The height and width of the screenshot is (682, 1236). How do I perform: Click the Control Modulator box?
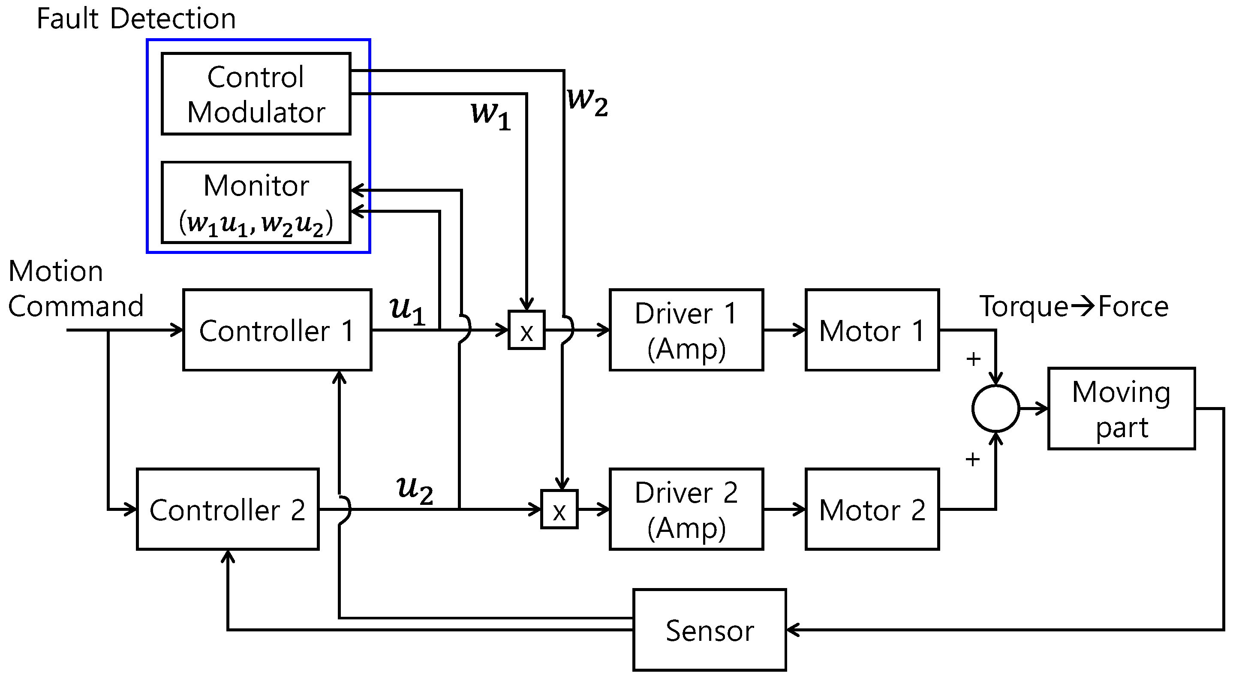[256, 94]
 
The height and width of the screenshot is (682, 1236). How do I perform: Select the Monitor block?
[256, 202]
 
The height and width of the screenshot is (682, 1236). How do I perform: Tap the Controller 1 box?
[277, 330]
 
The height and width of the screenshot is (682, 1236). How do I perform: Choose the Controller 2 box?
[227, 509]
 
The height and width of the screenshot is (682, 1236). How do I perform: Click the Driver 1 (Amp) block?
[686, 330]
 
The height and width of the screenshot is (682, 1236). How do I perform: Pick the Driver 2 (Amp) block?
[686, 509]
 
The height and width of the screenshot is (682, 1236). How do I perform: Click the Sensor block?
[709, 629]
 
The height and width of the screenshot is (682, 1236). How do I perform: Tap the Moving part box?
[1121, 408]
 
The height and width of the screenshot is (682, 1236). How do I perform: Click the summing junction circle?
[995, 408]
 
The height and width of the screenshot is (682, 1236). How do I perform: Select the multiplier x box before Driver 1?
[526, 330]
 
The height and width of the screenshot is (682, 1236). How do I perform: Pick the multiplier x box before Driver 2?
[559, 509]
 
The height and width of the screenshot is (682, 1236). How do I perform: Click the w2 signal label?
[587, 101]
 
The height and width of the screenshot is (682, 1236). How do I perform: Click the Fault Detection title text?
[136, 19]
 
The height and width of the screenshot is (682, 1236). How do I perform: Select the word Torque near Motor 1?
[1023, 306]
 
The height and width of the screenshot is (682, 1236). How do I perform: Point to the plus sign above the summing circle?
[973, 359]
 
